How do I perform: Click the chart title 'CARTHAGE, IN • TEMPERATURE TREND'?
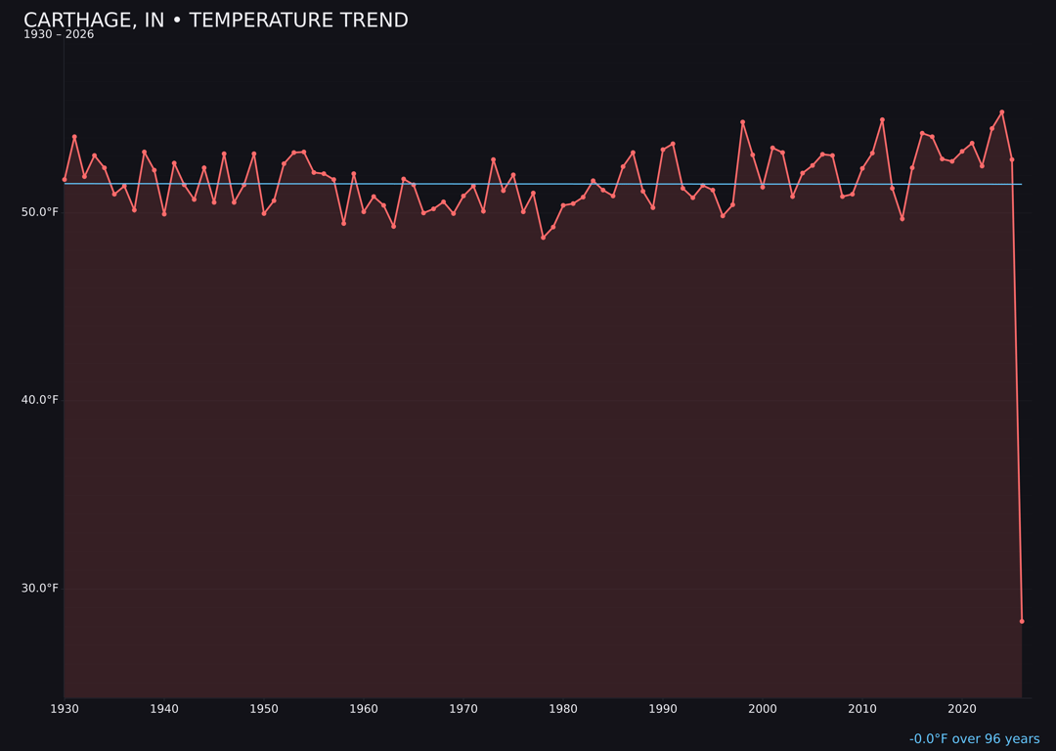[215, 21]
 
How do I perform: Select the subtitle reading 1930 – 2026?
[59, 35]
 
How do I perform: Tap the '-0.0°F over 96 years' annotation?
[974, 739]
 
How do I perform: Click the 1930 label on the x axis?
[64, 709]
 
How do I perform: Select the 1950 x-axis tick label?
[263, 709]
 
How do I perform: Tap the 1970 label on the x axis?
[462, 709]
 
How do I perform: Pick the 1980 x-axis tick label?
[562, 709]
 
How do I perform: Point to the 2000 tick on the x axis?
[762, 709]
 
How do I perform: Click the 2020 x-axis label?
[961, 709]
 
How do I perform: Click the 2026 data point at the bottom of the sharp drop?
[1022, 621]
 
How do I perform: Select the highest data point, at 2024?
[1001, 112]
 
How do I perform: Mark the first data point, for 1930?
[65, 180]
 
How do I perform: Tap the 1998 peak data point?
[742, 122]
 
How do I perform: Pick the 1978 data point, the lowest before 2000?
[543, 238]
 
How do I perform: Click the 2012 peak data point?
[882, 120]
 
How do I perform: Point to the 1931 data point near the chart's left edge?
[74, 137]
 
